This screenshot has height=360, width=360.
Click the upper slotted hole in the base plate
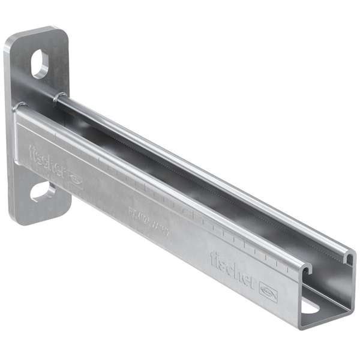[x=40, y=64]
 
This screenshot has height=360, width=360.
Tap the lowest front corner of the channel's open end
[x=301, y=328]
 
